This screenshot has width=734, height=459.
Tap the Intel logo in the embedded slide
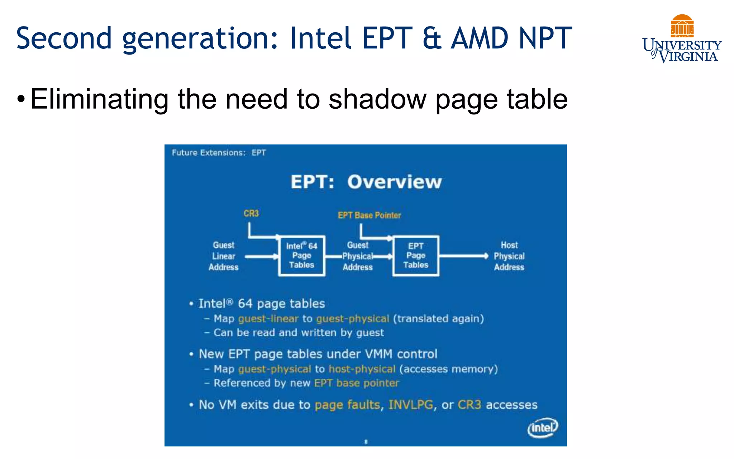(x=543, y=427)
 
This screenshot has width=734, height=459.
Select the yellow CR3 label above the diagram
(x=251, y=214)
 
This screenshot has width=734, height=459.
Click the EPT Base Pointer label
(x=369, y=215)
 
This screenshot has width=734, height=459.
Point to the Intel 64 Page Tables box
(x=302, y=256)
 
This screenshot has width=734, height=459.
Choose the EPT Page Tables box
(x=416, y=256)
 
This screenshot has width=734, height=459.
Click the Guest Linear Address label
(x=223, y=256)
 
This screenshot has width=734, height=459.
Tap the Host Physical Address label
(x=509, y=256)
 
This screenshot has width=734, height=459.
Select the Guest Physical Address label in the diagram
(x=358, y=256)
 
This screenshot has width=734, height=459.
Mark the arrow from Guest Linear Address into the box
(x=262, y=256)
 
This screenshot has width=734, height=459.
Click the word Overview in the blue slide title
(x=394, y=182)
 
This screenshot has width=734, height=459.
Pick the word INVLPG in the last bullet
(x=411, y=405)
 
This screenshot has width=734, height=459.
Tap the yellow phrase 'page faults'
(x=347, y=405)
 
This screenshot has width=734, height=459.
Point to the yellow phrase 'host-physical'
(x=362, y=369)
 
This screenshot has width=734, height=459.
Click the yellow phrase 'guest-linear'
(x=268, y=318)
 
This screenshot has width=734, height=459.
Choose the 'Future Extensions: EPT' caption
(x=219, y=153)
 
